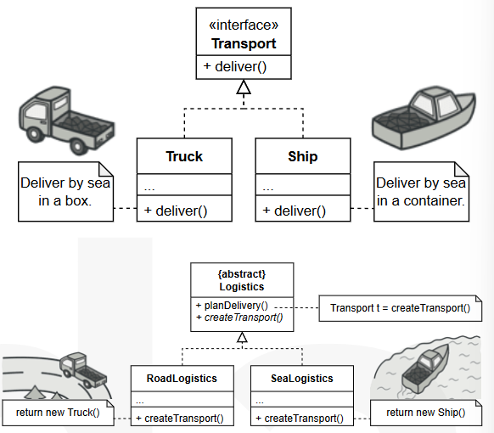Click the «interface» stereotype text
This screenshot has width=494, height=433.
click(244, 25)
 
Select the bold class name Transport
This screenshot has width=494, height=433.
click(244, 43)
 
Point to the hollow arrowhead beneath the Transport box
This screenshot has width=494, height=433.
click(244, 87)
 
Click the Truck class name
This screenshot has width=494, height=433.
click(184, 156)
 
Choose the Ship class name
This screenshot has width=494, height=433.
click(303, 156)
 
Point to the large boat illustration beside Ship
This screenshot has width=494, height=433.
click(424, 117)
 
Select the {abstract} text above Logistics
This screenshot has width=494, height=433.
click(242, 274)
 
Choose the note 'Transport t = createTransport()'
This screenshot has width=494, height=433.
click(400, 308)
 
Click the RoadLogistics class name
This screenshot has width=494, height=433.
click(182, 378)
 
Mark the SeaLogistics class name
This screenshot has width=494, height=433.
click(302, 378)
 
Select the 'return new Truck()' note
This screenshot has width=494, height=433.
click(58, 413)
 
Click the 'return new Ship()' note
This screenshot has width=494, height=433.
click(426, 413)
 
